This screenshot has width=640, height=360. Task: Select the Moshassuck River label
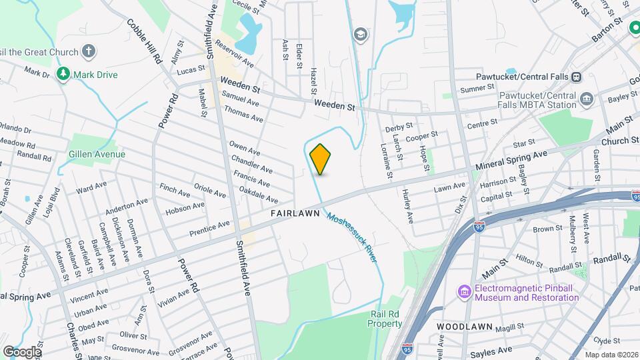point(351,237)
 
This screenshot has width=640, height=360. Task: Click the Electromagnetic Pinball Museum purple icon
point(464,292)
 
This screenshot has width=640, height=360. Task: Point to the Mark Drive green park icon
point(64,74)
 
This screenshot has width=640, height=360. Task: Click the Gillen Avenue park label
point(97,155)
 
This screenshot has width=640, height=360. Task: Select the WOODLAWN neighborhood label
point(465,327)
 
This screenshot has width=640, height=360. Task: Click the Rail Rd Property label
point(385,319)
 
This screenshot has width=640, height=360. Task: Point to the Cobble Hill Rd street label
point(144,41)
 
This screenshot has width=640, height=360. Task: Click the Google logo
point(22,351)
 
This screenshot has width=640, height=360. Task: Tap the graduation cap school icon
point(361,35)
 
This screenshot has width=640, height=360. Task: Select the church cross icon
point(88,51)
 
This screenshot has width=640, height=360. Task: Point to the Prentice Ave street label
point(209,228)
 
